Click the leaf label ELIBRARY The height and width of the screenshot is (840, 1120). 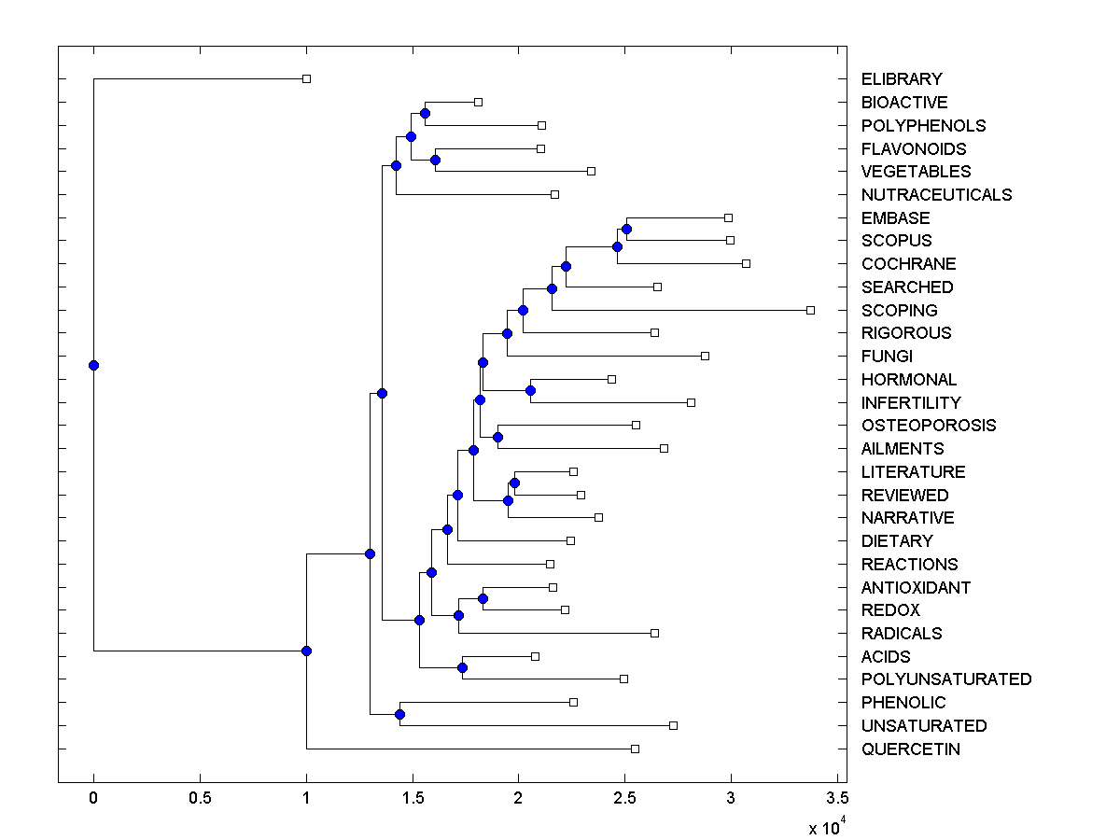click(x=902, y=79)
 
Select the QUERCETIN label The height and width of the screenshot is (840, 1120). click(x=910, y=749)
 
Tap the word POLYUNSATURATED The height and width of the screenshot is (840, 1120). click(x=946, y=679)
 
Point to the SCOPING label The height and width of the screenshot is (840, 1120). click(x=900, y=310)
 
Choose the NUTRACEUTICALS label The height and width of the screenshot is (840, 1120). click(x=936, y=195)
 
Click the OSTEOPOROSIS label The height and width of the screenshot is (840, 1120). click(x=929, y=426)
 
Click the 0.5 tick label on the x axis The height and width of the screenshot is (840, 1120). click(x=200, y=798)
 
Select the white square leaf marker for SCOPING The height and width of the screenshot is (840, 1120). click(x=810, y=310)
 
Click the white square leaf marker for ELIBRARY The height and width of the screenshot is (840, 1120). click(x=306, y=79)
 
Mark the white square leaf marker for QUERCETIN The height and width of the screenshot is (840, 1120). click(x=635, y=749)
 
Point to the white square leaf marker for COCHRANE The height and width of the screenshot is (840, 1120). click(x=746, y=264)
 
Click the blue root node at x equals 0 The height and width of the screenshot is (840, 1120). click(x=93, y=365)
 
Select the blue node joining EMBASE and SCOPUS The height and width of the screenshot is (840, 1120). click(x=626, y=229)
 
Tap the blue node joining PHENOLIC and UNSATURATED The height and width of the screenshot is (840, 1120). click(x=399, y=715)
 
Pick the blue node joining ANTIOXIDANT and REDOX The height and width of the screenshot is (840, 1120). click(x=483, y=598)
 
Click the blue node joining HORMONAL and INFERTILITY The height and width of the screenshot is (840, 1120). click(x=530, y=390)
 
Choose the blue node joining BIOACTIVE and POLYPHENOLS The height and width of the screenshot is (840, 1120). click(x=425, y=113)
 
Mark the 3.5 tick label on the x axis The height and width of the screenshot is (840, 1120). click(x=837, y=798)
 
